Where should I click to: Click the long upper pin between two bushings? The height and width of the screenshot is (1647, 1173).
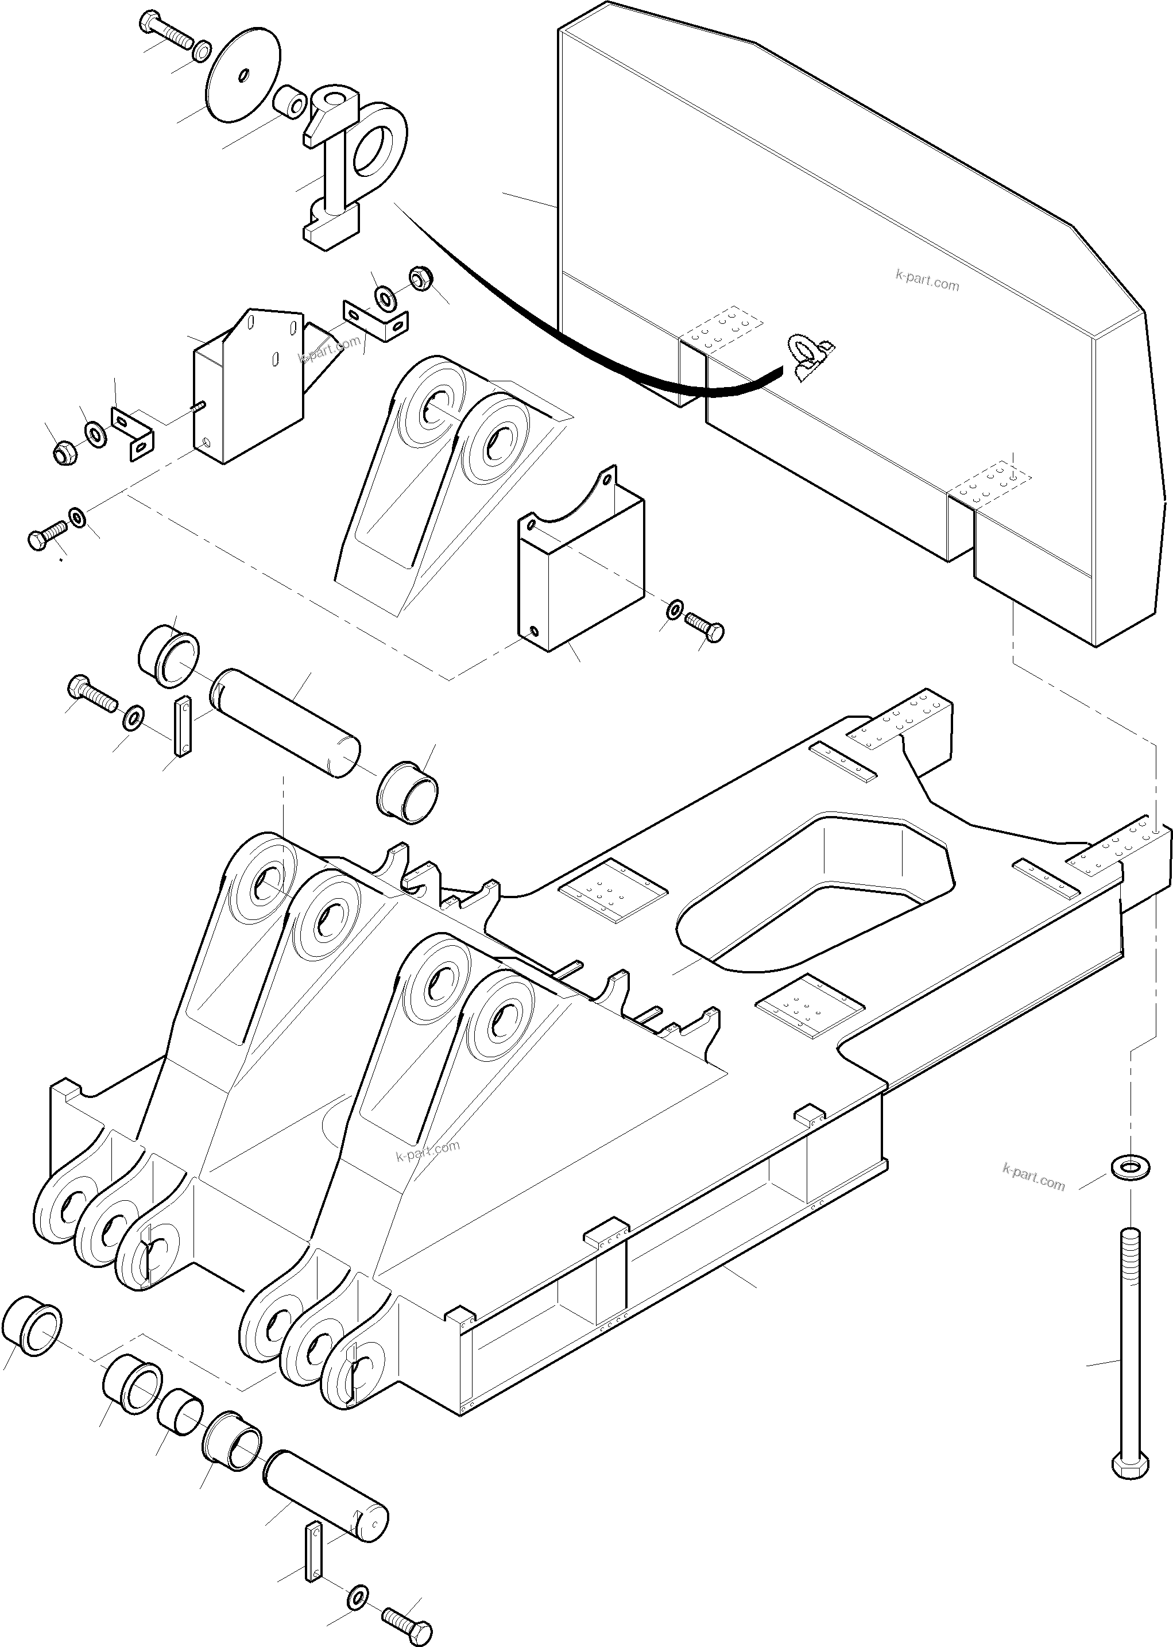286,722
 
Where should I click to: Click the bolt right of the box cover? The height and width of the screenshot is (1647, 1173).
704,627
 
